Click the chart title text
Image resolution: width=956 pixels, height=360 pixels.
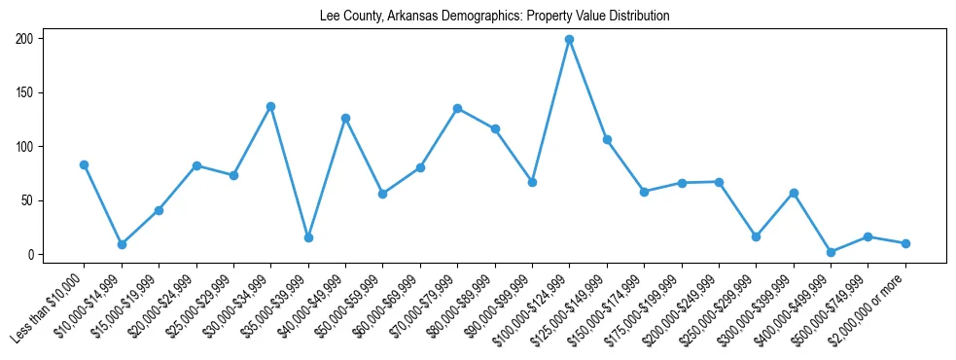494,17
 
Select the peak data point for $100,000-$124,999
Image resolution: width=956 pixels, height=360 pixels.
569,40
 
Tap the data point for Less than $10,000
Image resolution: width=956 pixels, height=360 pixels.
85,164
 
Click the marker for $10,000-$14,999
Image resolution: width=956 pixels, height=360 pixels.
122,244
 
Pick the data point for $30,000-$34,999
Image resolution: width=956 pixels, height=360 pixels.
271,106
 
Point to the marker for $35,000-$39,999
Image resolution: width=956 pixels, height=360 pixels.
308,237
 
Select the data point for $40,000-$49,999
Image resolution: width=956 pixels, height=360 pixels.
345,118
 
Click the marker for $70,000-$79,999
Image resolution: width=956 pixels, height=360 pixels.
457,109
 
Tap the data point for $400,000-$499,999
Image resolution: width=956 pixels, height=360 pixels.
831,252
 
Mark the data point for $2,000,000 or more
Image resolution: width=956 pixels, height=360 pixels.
905,243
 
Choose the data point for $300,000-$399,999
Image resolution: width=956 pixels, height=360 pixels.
794,193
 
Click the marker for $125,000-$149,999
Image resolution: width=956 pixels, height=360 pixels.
607,139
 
